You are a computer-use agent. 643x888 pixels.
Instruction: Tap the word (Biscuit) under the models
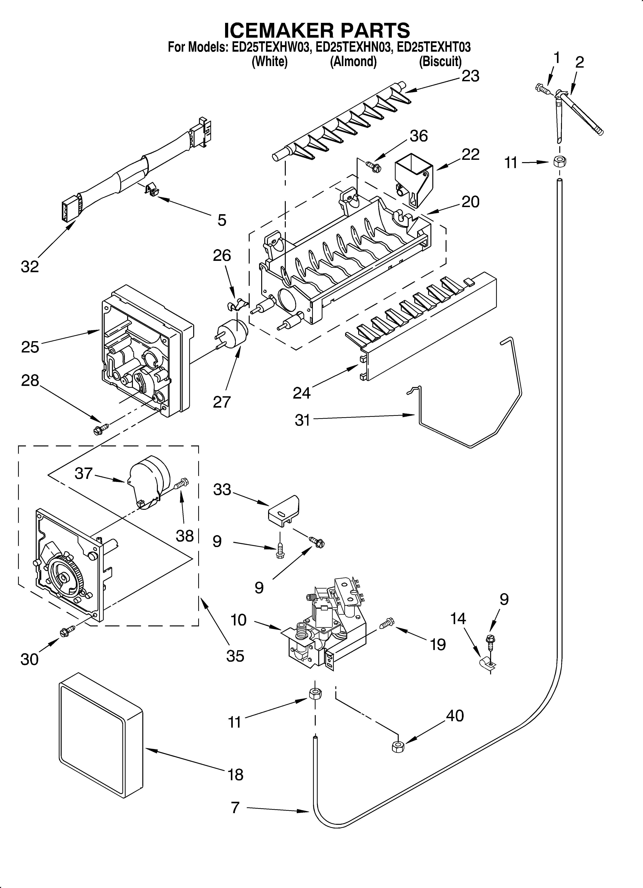coord(440,61)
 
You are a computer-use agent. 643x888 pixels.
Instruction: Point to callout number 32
coord(30,267)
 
